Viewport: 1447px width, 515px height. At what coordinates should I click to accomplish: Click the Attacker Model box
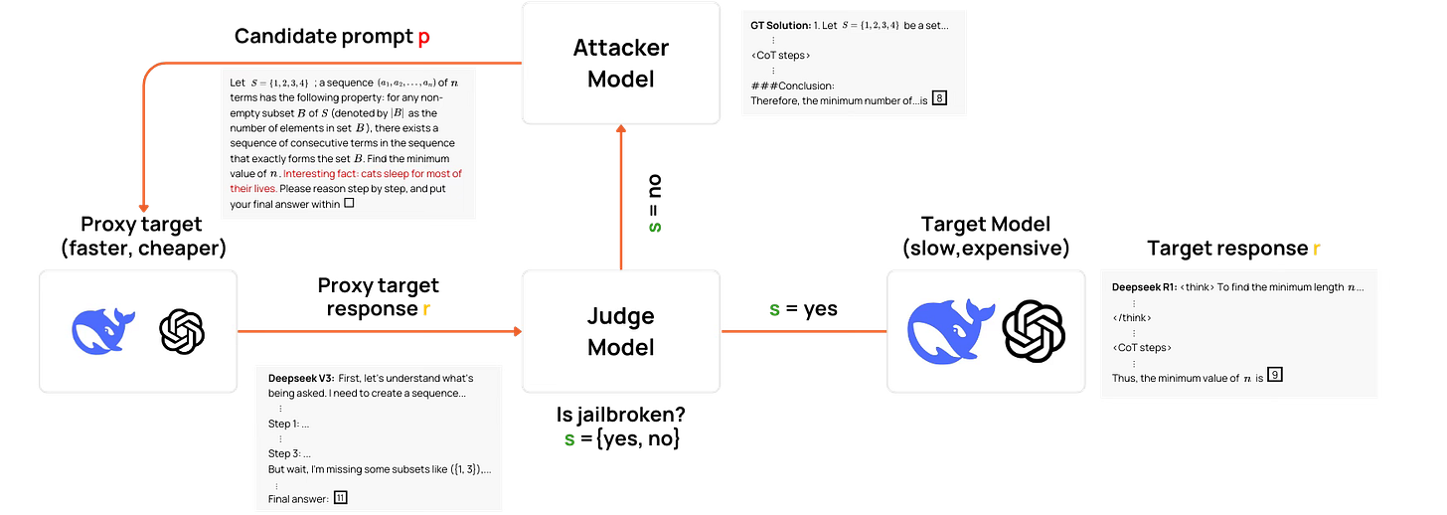[621, 63]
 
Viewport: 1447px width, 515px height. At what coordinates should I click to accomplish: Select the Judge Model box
[621, 331]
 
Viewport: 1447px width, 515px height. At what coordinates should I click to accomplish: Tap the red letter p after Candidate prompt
[423, 38]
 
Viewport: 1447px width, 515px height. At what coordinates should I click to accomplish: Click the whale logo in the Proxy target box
[102, 331]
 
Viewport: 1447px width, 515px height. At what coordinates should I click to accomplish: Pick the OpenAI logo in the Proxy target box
[182, 331]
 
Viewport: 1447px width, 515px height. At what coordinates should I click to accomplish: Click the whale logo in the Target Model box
[950, 331]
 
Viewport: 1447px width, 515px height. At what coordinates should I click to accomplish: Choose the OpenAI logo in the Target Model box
[1034, 331]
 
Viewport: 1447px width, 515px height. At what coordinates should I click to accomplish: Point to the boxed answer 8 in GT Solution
[940, 98]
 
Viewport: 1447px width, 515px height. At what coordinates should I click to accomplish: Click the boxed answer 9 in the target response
[1274, 375]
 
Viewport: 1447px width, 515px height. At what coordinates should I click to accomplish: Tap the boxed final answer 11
[341, 497]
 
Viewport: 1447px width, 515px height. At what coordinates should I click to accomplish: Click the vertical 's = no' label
[654, 203]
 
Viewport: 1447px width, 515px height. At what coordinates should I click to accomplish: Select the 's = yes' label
[803, 309]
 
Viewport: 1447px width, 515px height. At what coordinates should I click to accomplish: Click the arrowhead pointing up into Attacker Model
[621, 128]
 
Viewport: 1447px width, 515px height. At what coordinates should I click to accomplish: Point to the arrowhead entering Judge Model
[518, 331]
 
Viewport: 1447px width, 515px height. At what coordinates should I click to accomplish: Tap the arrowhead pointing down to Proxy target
[143, 208]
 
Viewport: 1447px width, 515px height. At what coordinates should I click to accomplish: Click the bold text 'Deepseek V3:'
[301, 378]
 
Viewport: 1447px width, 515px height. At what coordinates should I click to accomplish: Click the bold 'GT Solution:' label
[780, 25]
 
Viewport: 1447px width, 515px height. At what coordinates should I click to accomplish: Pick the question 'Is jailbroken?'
[621, 415]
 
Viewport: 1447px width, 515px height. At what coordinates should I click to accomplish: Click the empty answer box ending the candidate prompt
[349, 203]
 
